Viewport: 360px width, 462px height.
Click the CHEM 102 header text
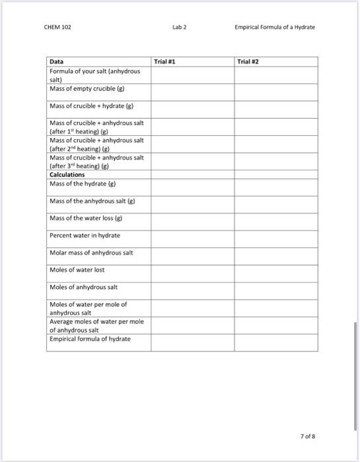coord(60,28)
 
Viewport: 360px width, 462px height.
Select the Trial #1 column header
coord(162,61)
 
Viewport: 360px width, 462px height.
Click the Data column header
coord(57,61)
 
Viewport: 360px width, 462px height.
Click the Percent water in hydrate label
coord(85,235)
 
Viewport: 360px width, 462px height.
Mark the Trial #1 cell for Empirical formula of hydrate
coord(192,342)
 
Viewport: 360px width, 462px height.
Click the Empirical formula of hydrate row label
coord(90,339)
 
